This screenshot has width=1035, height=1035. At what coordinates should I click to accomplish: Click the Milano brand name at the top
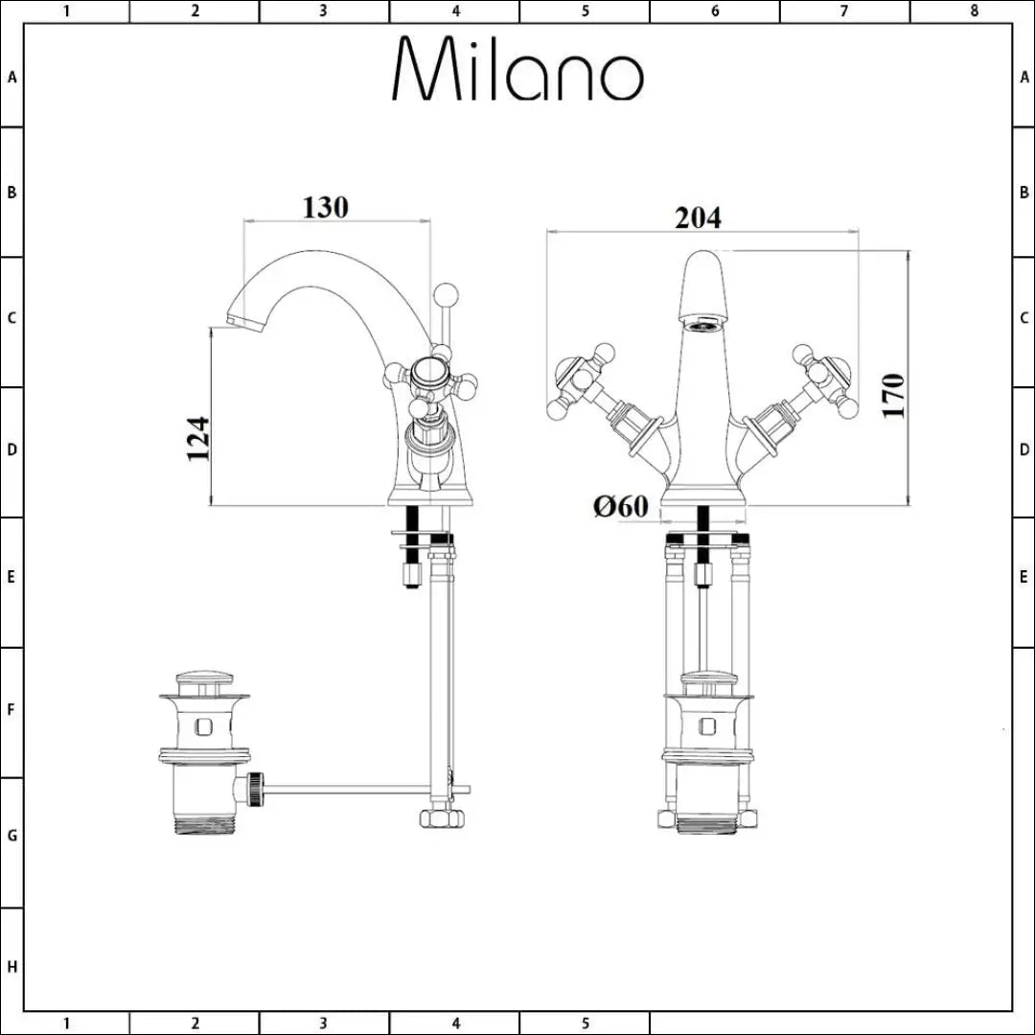tap(517, 71)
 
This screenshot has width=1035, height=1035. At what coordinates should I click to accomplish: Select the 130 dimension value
tap(326, 206)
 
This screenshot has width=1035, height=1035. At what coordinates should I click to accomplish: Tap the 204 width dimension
tap(698, 218)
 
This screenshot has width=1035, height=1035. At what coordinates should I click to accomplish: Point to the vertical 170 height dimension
tap(892, 393)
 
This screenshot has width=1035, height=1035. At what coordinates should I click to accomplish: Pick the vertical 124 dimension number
tap(198, 439)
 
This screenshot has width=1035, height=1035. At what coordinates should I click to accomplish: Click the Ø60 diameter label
tap(621, 506)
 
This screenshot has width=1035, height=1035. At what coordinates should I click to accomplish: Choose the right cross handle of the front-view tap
tap(823, 380)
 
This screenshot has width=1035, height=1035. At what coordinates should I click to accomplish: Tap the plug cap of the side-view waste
tap(204, 682)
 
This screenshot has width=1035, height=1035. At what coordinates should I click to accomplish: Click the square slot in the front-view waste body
tap(708, 725)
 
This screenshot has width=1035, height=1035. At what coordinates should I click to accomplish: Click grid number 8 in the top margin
tap(974, 11)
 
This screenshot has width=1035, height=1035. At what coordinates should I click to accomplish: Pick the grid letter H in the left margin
tap(11, 967)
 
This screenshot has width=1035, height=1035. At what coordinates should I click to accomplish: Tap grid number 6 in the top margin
tap(715, 11)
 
